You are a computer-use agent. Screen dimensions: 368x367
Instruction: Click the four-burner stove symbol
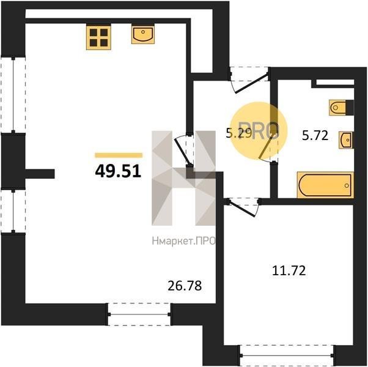98,37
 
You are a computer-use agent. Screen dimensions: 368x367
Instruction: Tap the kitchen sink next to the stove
143,34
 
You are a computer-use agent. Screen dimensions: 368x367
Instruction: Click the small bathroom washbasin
346,140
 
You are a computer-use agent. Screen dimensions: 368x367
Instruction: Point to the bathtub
325,185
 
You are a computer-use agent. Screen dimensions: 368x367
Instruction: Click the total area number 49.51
118,171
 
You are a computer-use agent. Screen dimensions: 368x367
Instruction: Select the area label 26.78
185,286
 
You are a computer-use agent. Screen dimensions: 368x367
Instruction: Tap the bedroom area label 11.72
289,270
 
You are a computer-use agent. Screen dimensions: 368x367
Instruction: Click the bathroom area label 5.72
315,135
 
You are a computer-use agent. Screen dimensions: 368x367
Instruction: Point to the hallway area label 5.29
239,133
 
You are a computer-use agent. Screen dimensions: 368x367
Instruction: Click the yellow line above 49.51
119,155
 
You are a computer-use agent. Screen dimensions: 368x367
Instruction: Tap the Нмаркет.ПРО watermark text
183,241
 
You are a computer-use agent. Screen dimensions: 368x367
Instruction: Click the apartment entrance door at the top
249,80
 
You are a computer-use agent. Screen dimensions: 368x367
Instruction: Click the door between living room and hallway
185,150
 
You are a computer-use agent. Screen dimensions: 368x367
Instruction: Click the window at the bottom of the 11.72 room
287,355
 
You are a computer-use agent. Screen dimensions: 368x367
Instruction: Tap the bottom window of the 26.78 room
139,314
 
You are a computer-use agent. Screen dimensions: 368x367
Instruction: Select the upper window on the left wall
13,95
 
